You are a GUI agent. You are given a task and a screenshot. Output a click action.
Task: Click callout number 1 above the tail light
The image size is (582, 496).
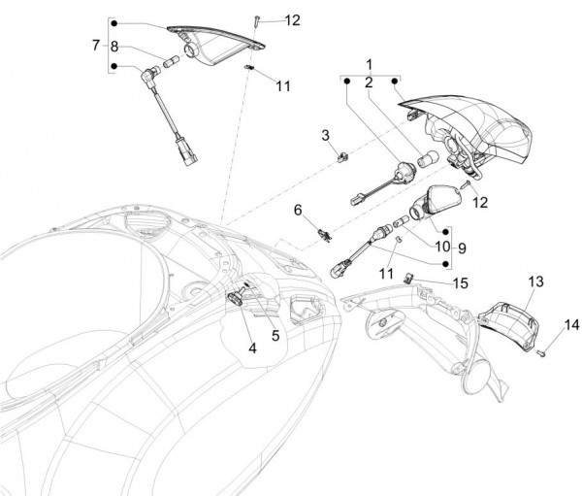(370, 64)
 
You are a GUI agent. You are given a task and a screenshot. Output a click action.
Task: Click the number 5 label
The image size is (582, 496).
(275, 337)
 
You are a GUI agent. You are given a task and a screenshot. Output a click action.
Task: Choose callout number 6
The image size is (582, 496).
(299, 210)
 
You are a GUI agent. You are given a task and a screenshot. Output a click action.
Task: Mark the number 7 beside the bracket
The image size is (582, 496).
(95, 45)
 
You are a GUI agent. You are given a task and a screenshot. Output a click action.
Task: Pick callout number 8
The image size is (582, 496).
(113, 45)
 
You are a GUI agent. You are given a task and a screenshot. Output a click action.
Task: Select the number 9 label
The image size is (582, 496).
(461, 248)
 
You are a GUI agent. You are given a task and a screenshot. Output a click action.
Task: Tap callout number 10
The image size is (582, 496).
(441, 248)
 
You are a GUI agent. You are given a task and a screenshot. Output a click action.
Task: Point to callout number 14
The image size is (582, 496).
(570, 324)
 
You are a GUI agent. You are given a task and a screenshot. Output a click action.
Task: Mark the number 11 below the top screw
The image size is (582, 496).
(282, 85)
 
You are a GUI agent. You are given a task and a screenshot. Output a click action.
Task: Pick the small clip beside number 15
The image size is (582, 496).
(410, 277)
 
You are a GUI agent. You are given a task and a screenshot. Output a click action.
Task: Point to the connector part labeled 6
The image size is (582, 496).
(323, 233)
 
